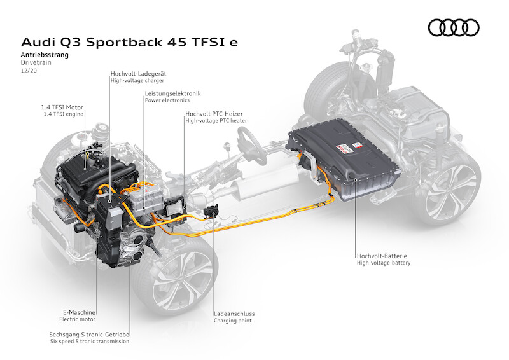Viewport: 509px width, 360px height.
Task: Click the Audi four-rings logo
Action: [454, 27]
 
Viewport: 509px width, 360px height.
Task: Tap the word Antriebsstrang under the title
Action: [45, 55]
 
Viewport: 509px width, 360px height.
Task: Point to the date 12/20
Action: [28, 71]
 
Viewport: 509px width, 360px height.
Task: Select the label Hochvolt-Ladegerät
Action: [137, 73]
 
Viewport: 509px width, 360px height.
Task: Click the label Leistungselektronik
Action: [172, 93]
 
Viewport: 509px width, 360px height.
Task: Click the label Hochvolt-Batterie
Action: [382, 255]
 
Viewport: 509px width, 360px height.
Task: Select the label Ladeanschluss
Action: [235, 313]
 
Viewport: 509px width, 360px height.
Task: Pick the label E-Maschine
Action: [80, 313]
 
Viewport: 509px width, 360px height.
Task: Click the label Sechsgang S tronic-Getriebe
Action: [89, 334]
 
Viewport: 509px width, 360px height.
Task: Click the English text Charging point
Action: [233, 321]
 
